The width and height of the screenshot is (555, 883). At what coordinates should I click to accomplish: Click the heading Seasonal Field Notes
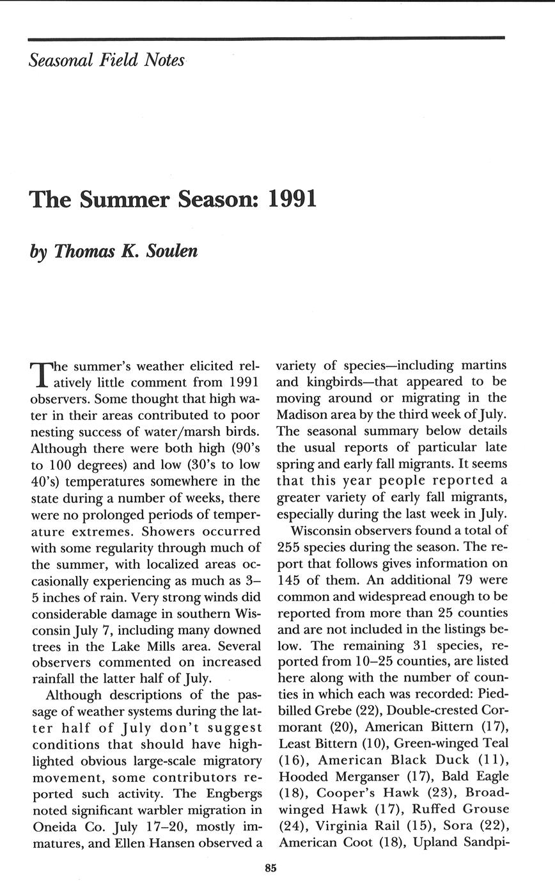pyautogui.click(x=107, y=61)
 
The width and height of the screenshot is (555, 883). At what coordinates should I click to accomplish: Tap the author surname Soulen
pyautogui.click(x=172, y=251)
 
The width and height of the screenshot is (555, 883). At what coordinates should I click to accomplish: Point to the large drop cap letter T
pyautogui.click(x=40, y=374)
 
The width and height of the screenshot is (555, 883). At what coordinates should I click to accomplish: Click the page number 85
pyautogui.click(x=270, y=868)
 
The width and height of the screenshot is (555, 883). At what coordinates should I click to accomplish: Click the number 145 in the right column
pyautogui.click(x=291, y=580)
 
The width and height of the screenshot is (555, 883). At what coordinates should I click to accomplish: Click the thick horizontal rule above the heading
pyautogui.click(x=267, y=38)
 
